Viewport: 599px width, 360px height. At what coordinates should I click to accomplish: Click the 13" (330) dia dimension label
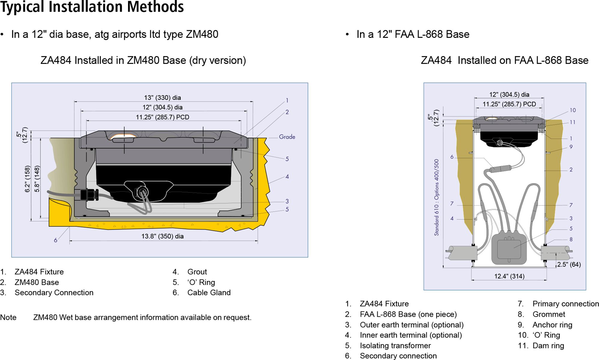(162, 97)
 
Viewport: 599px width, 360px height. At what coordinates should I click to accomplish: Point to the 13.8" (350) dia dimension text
(162, 236)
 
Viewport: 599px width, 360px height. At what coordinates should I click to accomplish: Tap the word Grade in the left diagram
(287, 137)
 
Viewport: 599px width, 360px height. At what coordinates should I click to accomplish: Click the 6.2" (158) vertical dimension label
(27, 179)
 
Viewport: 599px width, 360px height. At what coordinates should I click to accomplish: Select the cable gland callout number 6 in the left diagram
(55, 240)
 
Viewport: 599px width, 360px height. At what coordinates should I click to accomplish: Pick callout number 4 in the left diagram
(287, 176)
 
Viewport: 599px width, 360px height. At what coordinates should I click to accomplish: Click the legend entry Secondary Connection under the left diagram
(54, 292)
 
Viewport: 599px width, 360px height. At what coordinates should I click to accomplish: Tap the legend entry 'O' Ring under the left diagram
(201, 282)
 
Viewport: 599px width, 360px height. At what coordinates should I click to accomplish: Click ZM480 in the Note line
(45, 317)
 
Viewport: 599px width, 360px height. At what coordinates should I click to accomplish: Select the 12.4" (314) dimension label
(509, 276)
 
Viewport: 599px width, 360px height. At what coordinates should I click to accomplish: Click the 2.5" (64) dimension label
(569, 264)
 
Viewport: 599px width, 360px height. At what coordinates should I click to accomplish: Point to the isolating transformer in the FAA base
(509, 248)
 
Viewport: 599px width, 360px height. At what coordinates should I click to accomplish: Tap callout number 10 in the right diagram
(573, 110)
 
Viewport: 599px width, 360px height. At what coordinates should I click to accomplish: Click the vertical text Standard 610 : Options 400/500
(436, 197)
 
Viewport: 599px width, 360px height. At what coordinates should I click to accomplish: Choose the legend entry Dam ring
(548, 346)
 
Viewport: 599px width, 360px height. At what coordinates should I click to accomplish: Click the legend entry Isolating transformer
(395, 346)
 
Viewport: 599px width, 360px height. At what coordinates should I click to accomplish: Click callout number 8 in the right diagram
(571, 239)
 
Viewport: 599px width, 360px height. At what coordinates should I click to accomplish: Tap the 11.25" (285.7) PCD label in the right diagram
(509, 104)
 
